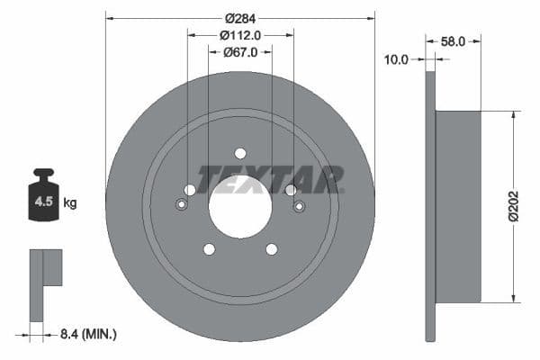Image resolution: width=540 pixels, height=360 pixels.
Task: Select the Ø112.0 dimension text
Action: click(x=239, y=35)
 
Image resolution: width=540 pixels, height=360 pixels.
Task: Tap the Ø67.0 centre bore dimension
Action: click(x=239, y=52)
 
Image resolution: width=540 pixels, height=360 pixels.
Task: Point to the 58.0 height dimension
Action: click(x=454, y=41)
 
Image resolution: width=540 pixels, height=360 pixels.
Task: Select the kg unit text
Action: click(x=70, y=203)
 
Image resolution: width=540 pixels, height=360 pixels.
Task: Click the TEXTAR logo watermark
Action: click(x=270, y=178)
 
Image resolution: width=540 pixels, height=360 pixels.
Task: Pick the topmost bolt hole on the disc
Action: click(x=239, y=153)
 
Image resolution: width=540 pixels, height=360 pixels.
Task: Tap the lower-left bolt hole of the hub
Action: click(x=209, y=249)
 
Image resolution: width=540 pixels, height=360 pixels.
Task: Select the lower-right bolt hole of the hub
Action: click(x=271, y=249)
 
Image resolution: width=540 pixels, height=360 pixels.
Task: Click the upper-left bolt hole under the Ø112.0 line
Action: click(x=189, y=190)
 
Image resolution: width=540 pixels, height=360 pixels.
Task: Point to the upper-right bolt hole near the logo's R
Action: click(x=291, y=190)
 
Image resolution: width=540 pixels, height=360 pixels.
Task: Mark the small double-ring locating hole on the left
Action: click(x=181, y=205)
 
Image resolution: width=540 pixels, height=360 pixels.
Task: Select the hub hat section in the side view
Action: click(x=458, y=206)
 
